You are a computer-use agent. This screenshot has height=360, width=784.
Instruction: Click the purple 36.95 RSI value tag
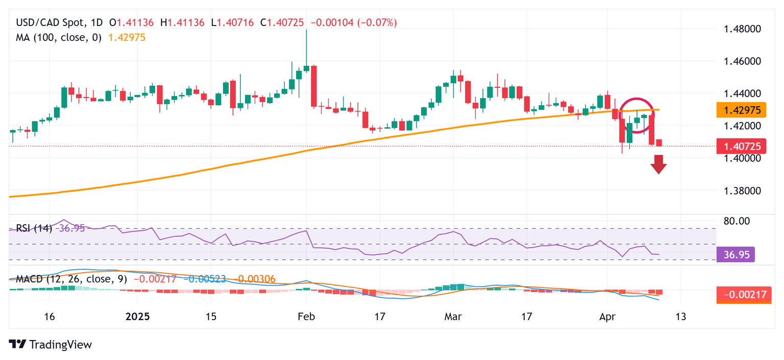click(736, 254)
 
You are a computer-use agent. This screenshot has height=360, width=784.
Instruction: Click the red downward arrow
click(658, 165)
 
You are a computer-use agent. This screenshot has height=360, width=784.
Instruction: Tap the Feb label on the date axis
click(306, 317)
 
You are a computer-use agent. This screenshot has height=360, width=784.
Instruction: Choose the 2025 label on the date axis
click(137, 317)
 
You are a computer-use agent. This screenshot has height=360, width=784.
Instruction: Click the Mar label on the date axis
click(453, 317)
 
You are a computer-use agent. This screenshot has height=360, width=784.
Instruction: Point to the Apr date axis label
click(606, 317)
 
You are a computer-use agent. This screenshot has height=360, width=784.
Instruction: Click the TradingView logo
click(51, 345)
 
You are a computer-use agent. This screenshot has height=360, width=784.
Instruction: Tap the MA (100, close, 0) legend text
click(59, 37)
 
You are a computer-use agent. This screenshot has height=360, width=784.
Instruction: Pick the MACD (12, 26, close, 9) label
click(71, 279)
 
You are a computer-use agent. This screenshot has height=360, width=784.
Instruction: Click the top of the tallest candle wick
click(306, 30)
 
